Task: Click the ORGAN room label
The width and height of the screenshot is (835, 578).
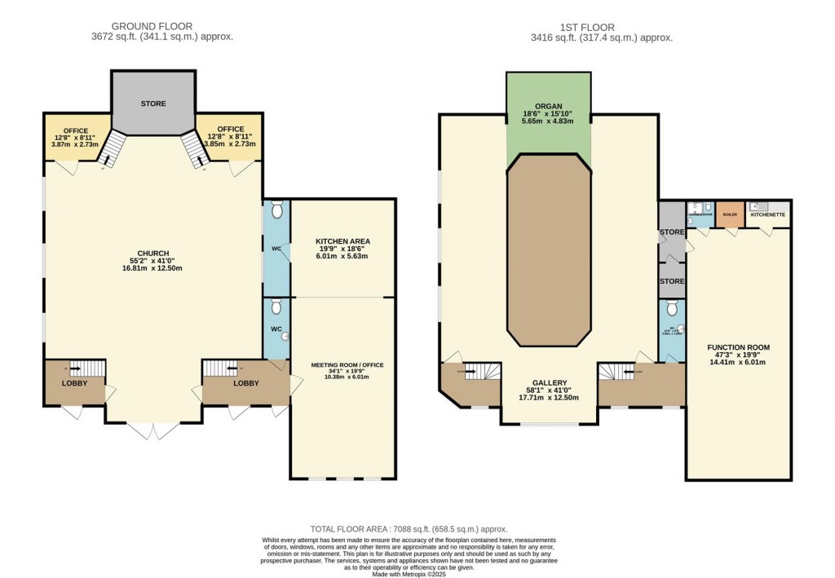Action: pyautogui.click(x=548, y=105)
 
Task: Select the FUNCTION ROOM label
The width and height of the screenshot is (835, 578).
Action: pyautogui.click(x=738, y=347)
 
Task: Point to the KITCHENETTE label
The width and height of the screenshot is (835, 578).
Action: pyautogui.click(x=767, y=214)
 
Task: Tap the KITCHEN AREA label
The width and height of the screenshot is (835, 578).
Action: pyautogui.click(x=342, y=241)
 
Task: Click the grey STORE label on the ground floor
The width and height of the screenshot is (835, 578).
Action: pyautogui.click(x=152, y=104)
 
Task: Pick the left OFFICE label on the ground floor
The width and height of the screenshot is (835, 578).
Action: pyautogui.click(x=76, y=129)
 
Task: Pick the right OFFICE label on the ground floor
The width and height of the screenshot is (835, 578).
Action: pyautogui.click(x=231, y=129)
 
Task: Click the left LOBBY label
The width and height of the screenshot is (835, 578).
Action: pyautogui.click(x=74, y=383)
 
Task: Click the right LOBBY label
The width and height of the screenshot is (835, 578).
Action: pyautogui.click(x=245, y=383)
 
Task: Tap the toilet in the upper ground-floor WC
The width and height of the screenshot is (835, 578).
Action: pyautogui.click(x=276, y=210)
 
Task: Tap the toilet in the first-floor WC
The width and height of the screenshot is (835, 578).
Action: pyautogui.click(x=671, y=308)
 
